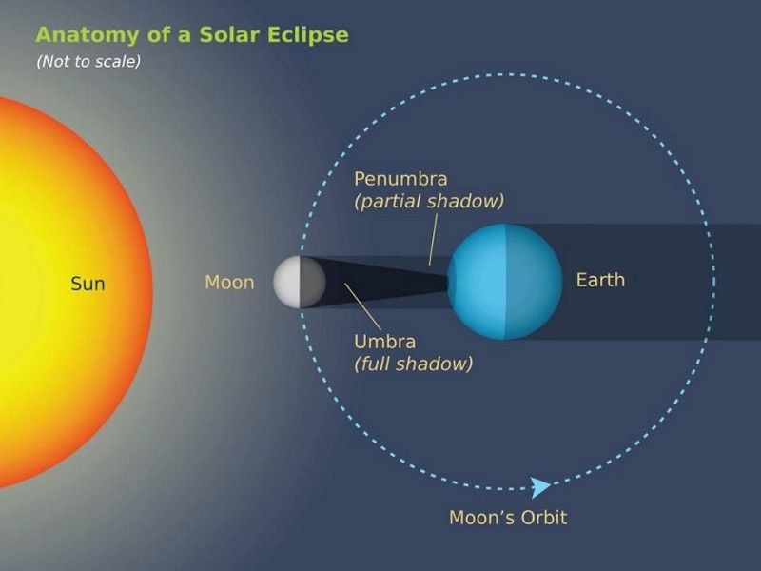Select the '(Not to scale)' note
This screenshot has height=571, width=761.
click(88, 61)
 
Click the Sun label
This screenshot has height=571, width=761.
click(88, 284)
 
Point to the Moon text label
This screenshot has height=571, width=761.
click(229, 282)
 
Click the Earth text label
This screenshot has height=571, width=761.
click(600, 280)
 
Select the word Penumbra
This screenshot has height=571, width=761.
click(400, 179)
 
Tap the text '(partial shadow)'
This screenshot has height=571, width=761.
click(429, 201)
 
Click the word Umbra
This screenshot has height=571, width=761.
click(385, 342)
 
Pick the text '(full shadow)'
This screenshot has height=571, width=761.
click(414, 364)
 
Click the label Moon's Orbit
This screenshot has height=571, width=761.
click(508, 518)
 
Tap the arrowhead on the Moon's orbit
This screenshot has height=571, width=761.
click(540, 487)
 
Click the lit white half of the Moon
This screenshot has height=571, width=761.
click(287, 282)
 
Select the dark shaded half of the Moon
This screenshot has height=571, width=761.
click(313, 282)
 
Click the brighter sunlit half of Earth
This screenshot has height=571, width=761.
click(477, 282)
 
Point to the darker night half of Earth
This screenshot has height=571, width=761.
click(534, 282)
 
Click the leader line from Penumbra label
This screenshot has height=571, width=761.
click(433, 240)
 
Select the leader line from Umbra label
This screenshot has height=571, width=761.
click(363, 306)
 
